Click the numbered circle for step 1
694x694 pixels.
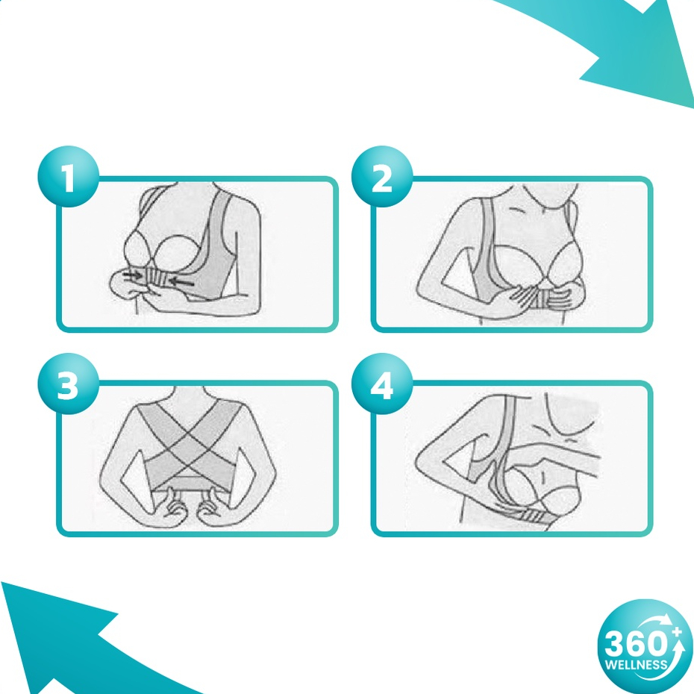click(x=68, y=177)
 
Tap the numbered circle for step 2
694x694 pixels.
click(x=382, y=177)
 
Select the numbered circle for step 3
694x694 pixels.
click(x=68, y=384)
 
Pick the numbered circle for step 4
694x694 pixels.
click(x=382, y=384)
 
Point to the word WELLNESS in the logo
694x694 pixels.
click(x=636, y=664)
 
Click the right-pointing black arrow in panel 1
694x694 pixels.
click(x=132, y=276)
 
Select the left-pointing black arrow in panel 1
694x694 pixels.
click(x=181, y=281)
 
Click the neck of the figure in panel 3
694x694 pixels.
click(x=190, y=393)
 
